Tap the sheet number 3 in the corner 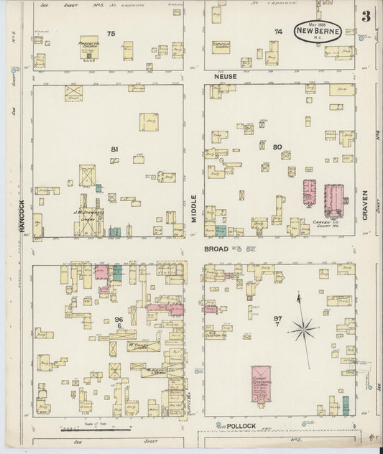pyautogui.click(x=366, y=17)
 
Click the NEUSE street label pyautogui.click(x=220, y=75)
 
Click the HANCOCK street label pyautogui.click(x=22, y=216)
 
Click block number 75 pyautogui.click(x=111, y=34)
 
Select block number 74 pyautogui.click(x=278, y=32)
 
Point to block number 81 pyautogui.click(x=114, y=149)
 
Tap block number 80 pyautogui.click(x=277, y=147)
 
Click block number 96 pyautogui.click(x=118, y=319)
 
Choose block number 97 pyautogui.click(x=277, y=318)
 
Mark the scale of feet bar pyautogui.click(x=96, y=430)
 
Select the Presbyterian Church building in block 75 pyautogui.click(x=89, y=47)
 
